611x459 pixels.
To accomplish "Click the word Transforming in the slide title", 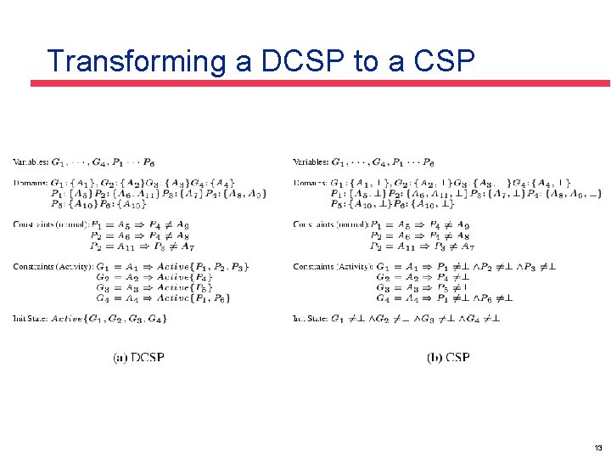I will pos(131,61).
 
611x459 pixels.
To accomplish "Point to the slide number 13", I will pos(598,448).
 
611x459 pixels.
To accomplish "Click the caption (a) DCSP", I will pos(138,358).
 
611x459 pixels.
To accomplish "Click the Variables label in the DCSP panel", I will pos(31,161).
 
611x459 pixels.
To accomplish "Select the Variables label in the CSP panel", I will pos(311,161).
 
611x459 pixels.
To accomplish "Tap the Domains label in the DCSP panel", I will pos(30,183).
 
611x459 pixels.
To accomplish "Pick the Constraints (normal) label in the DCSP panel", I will pos(48,224).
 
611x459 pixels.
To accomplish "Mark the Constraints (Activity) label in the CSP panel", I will pos(331,267).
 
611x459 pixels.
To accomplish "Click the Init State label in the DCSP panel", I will pos(31,319).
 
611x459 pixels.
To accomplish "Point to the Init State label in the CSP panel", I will pos(311,319).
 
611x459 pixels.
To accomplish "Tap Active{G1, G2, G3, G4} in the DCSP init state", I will pos(109,319).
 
